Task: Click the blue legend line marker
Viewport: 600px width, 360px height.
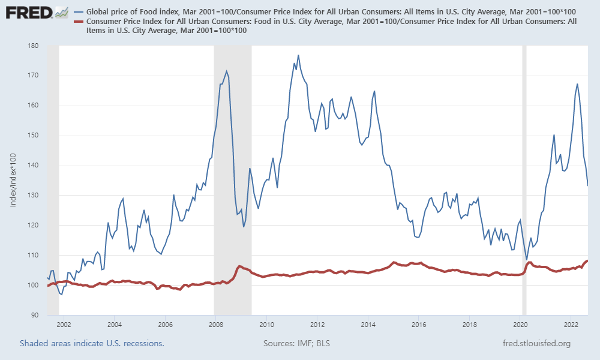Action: (x=79, y=12)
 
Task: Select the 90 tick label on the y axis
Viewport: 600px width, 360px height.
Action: (x=35, y=315)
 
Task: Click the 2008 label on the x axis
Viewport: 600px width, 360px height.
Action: (x=216, y=325)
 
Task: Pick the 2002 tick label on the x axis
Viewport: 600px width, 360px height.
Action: (x=64, y=325)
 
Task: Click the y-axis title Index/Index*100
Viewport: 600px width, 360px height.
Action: (x=13, y=180)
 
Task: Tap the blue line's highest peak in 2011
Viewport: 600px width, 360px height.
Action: (x=298, y=55)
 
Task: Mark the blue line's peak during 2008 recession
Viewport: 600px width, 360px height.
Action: (x=226, y=71)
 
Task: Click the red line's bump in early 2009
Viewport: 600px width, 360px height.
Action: (x=239, y=266)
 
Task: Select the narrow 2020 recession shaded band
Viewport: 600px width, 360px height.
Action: (x=524, y=180)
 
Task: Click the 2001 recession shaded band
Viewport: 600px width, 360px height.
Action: (x=53, y=180)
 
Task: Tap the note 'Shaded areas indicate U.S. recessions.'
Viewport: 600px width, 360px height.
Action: (x=92, y=343)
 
